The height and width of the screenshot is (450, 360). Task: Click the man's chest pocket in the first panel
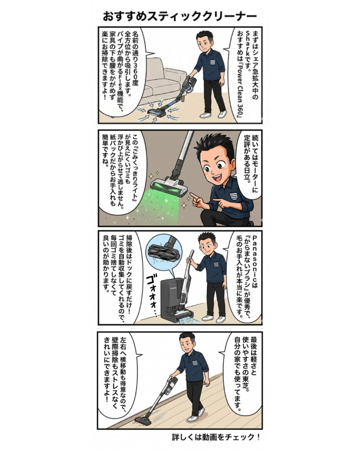tap(212, 61)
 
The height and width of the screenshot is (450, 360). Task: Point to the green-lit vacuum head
tap(169, 187)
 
